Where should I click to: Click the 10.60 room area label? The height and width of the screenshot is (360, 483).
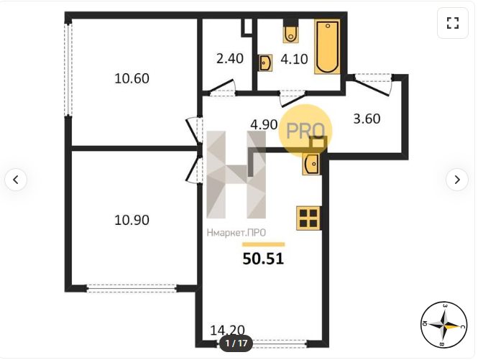pos(132,78)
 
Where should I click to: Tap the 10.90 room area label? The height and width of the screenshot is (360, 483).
pos(132,220)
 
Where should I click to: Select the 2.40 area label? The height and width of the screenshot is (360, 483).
pos(230,58)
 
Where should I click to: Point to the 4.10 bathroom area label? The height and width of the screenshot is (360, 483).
pos(294,59)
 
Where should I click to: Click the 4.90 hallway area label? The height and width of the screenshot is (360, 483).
pos(264,124)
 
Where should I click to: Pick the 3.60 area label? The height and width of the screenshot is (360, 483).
pos(367,119)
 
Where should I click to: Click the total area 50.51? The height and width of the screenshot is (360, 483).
pos(263,259)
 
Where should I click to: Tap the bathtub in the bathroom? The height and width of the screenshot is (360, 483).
pos(327,47)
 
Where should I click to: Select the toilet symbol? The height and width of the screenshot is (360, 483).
pos(291,31)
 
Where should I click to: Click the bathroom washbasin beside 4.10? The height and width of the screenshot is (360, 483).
pos(265,63)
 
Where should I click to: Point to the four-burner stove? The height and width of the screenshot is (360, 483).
pos(308,218)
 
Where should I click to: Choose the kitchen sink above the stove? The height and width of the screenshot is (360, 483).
pos(311,164)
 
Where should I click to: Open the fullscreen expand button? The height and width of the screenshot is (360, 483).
pos(453,23)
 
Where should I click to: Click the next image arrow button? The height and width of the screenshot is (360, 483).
pos(457,179)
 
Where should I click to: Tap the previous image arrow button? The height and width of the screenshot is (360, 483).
pos(16,179)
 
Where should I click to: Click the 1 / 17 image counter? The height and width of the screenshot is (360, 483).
pos(236,343)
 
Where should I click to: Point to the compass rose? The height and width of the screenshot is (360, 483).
pos(444,325)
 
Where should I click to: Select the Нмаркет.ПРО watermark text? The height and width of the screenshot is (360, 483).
pos(236,233)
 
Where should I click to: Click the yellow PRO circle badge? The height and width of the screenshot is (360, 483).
pos(305,131)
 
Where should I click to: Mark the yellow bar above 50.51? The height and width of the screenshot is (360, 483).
pos(263,244)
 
